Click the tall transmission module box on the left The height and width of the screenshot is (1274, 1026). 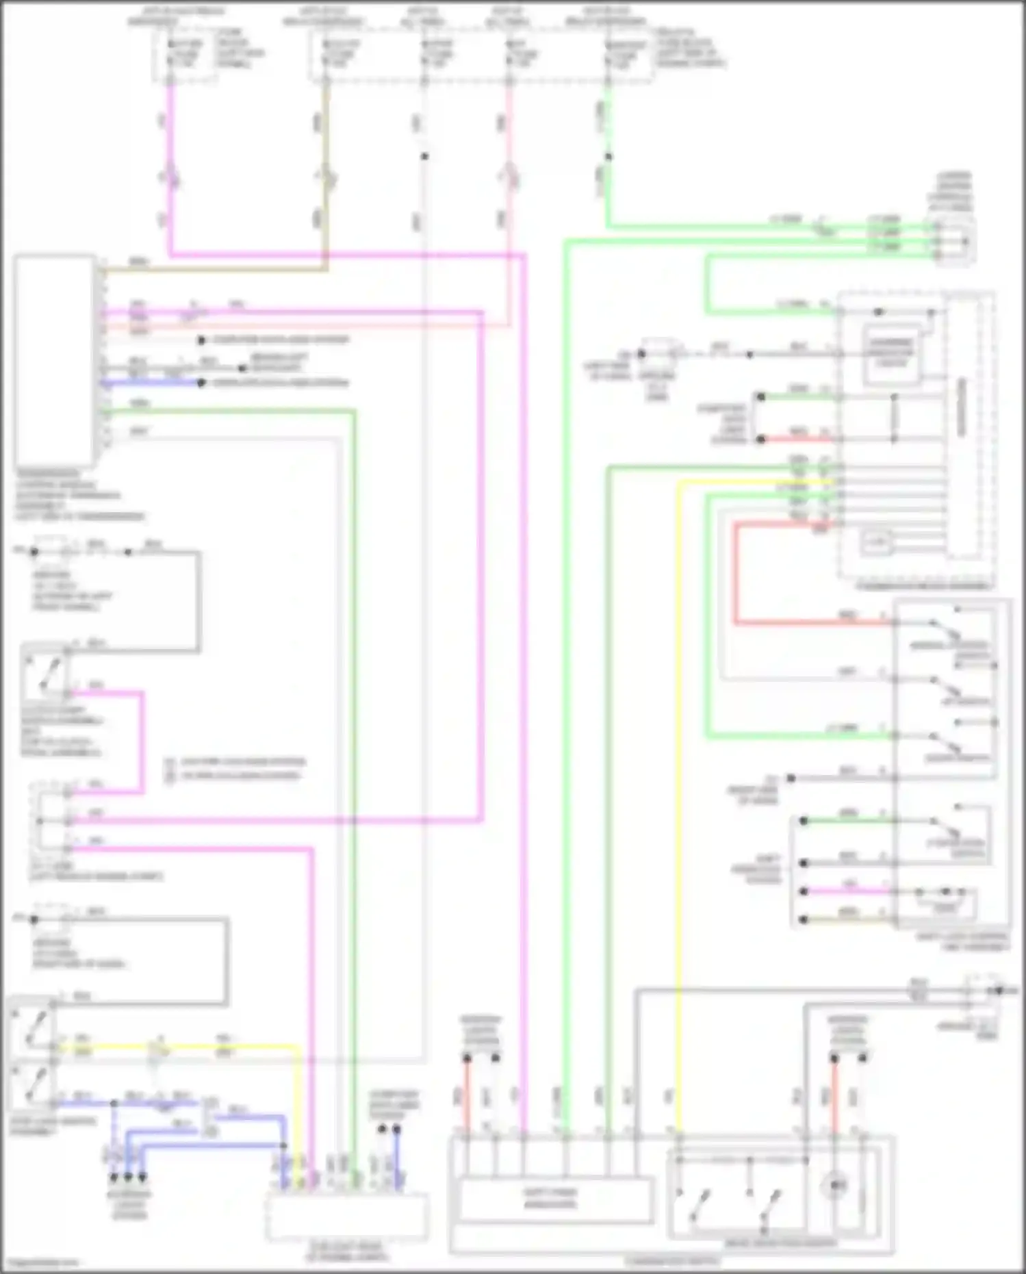pos(55,361)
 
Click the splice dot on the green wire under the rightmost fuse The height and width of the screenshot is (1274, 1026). pos(608,157)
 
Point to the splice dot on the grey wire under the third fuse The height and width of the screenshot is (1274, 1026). pos(424,157)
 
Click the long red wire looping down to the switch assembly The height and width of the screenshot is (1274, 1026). pos(736,582)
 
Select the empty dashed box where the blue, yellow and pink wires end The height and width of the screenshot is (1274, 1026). pos(347,1216)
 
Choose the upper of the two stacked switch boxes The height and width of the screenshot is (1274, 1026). pos(32,1026)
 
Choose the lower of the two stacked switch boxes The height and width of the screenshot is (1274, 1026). pos(32,1086)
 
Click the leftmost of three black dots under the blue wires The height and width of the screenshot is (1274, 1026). pos(114,1177)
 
